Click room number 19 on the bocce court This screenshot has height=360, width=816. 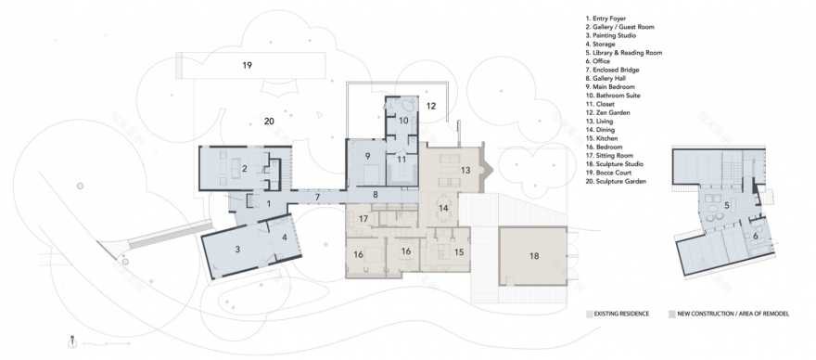pyautogui.click(x=247, y=65)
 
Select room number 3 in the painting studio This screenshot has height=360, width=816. pyautogui.click(x=237, y=249)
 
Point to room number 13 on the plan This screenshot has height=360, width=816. pyautogui.click(x=465, y=170)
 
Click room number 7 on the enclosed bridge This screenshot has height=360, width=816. pyautogui.click(x=316, y=197)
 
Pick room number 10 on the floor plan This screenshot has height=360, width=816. pyautogui.click(x=404, y=121)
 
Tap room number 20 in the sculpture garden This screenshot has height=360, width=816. pyautogui.click(x=269, y=122)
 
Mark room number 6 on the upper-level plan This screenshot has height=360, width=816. pyautogui.click(x=756, y=237)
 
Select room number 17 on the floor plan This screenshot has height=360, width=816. pyautogui.click(x=364, y=219)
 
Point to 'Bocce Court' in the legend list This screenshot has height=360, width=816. pyautogui.click(x=615, y=172)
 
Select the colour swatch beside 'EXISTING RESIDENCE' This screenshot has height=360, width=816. pyautogui.click(x=591, y=315)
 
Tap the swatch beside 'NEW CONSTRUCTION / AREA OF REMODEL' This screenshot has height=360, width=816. pyautogui.click(x=671, y=315)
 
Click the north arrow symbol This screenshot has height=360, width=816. pyautogui.click(x=72, y=340)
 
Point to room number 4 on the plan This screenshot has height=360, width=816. pyautogui.click(x=284, y=237)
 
